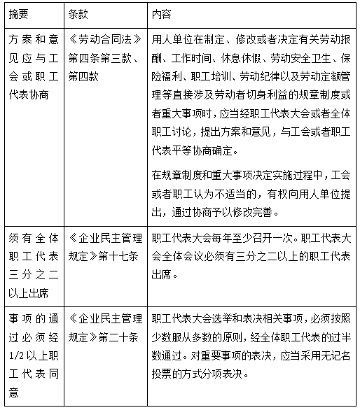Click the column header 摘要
pyautogui.click(x=20, y=13)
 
